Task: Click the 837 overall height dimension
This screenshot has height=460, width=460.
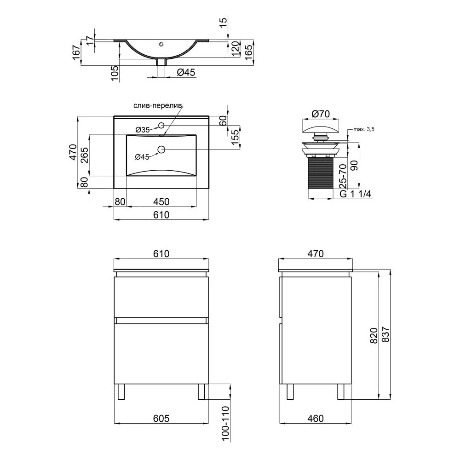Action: click(385, 334)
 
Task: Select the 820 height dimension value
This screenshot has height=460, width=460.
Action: click(374, 336)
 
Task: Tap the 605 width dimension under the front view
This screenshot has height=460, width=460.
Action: click(161, 418)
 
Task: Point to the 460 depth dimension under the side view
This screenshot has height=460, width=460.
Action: click(316, 418)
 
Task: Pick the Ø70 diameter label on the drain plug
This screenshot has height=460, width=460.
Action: click(321, 114)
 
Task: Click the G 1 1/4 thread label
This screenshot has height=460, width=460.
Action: click(355, 194)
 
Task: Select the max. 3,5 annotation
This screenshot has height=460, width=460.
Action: click(364, 129)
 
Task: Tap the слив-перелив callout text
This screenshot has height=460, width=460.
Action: click(158, 106)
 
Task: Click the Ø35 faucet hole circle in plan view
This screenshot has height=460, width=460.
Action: click(161, 125)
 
